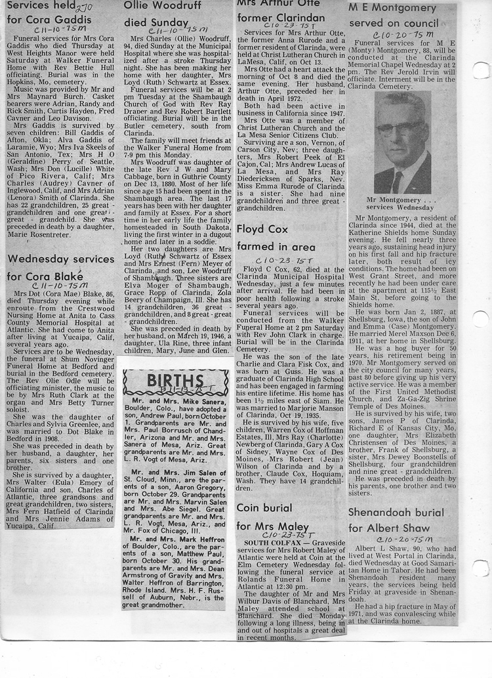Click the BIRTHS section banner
click(175, 381)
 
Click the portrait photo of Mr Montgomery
click(402, 142)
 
